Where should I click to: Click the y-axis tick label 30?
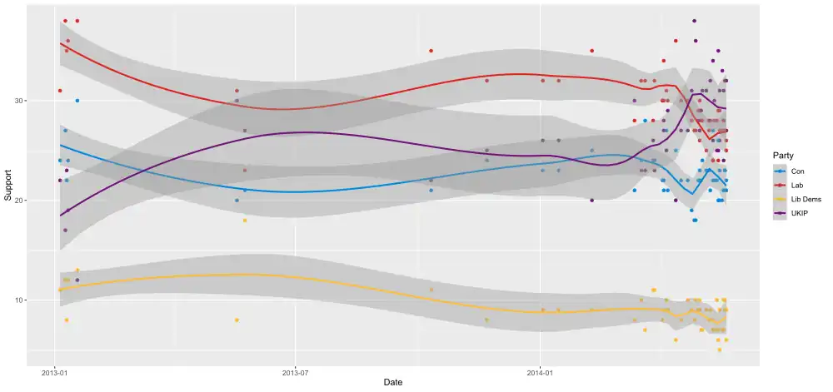pos(20,101)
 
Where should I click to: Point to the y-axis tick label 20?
pos(20,201)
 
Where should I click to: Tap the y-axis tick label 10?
pos(20,300)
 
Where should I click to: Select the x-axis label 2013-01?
pos(55,371)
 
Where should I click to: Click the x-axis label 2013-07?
pos(295,371)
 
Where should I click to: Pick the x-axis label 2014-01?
pos(541,371)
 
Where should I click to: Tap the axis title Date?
pos(393,382)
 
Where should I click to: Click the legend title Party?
pos(782,156)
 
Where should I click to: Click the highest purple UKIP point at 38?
pos(695,21)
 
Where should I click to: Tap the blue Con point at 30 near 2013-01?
pos(77,101)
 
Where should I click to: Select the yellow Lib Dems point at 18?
pos(245,221)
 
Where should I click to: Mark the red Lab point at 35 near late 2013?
pos(431,51)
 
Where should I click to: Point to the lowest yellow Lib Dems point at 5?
pos(720,350)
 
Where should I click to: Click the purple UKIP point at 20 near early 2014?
pos(591,201)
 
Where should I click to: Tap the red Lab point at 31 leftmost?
pos(60,91)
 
